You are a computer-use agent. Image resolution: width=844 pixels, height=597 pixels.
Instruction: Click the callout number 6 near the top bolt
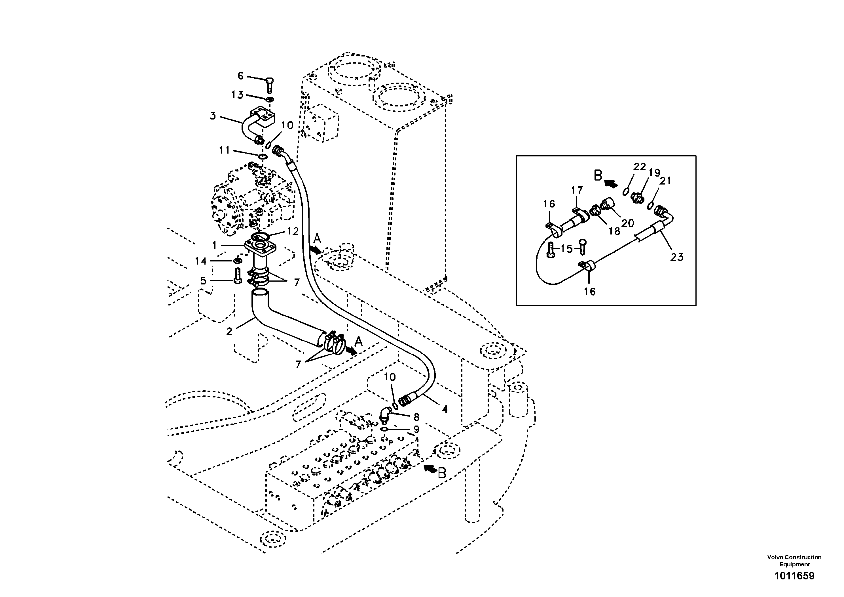(240, 76)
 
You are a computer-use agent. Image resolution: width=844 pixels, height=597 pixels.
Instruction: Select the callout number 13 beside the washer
(237, 95)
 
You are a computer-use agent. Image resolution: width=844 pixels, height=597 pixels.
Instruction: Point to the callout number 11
(224, 150)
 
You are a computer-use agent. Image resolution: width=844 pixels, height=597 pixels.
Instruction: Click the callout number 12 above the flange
(293, 231)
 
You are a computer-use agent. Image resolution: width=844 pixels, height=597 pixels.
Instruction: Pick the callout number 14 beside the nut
(201, 261)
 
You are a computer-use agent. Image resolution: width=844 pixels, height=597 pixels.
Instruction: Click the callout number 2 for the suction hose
(229, 332)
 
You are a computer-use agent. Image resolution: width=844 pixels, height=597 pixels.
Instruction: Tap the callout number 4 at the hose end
(445, 409)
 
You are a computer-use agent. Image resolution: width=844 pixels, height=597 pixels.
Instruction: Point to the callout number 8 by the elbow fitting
(416, 417)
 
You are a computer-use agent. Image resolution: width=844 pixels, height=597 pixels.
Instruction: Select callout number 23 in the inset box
(677, 257)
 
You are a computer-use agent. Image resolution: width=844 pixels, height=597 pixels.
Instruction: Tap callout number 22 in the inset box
(640, 167)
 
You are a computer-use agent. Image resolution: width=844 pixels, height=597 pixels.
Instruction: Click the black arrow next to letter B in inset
(611, 183)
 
